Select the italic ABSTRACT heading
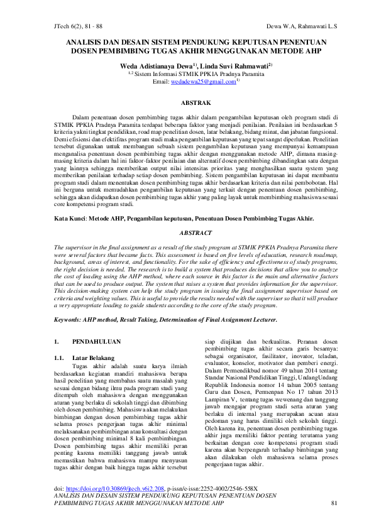pos(187,232)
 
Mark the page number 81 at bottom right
pos(334,503)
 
